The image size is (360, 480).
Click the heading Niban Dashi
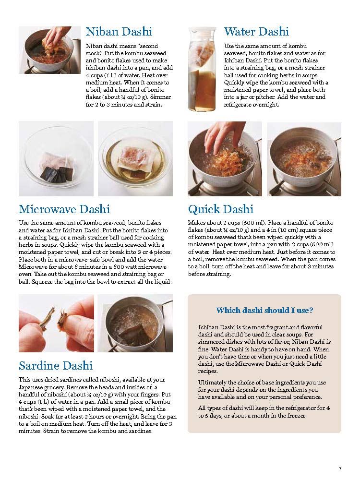point(119,32)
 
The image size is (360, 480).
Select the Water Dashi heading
point(256,32)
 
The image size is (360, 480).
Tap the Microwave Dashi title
point(64,209)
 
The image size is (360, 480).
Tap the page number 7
point(340,469)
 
